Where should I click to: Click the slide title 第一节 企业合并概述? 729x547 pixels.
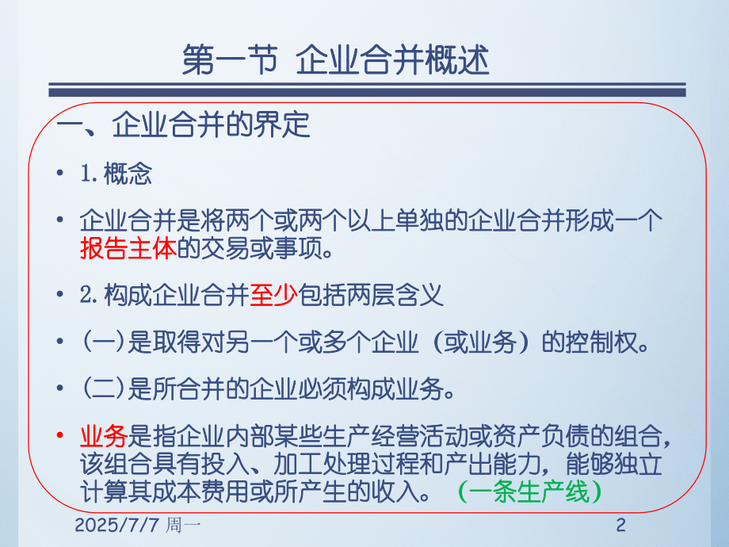(336, 61)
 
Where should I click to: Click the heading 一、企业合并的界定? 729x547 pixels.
(184, 124)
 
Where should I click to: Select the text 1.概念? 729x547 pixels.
(116, 175)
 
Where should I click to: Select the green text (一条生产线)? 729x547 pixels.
(530, 493)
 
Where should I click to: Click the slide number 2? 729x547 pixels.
(621, 526)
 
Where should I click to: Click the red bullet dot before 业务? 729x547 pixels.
(61, 436)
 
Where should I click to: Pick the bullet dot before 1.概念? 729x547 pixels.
(61, 176)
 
